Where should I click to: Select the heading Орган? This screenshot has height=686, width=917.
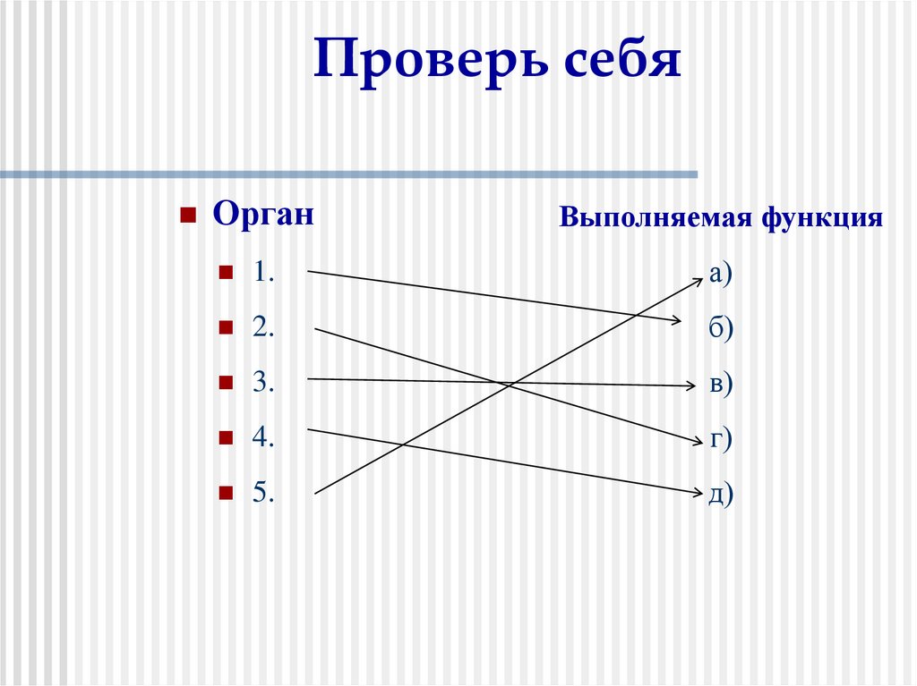[263, 216]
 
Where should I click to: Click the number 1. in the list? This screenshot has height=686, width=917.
[262, 274]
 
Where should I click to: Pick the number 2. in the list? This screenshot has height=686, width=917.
[262, 328]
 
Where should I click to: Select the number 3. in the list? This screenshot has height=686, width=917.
[262, 383]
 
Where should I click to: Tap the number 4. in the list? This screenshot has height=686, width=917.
[262, 437]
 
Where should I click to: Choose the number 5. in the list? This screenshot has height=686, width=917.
[262, 492]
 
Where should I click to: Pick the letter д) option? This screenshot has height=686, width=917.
[720, 493]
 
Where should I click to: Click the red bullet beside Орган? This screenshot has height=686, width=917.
[188, 216]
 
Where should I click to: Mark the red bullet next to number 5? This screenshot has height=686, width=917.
[226, 492]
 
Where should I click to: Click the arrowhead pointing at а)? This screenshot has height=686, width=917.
[698, 280]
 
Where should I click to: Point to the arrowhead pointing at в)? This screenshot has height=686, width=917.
[690, 386]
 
